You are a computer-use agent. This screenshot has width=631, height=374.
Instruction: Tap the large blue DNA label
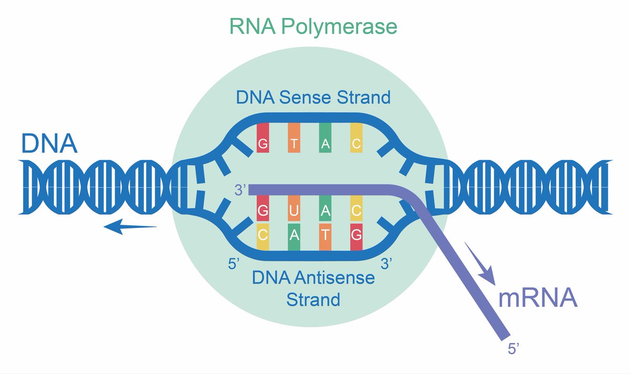click(x=49, y=143)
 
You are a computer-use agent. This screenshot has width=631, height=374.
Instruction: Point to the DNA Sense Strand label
click(x=313, y=97)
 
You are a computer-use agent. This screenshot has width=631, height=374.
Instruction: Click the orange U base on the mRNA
click(x=294, y=211)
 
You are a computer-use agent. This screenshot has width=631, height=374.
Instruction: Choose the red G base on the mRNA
click(x=262, y=211)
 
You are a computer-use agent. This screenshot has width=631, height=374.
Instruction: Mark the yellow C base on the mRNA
click(x=357, y=211)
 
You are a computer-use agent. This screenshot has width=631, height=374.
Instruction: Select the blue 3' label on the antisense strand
click(x=387, y=264)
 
